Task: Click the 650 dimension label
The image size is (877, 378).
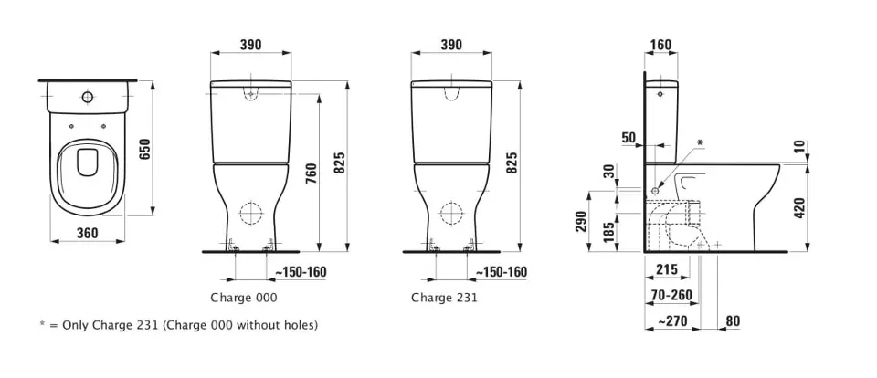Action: click(x=145, y=148)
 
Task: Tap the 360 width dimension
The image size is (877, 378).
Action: click(x=88, y=232)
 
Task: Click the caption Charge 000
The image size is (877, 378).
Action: click(x=243, y=298)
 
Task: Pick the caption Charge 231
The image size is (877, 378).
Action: click(x=444, y=298)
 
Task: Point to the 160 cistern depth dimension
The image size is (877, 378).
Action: click(x=661, y=45)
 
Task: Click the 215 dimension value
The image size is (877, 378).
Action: click(x=666, y=269)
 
